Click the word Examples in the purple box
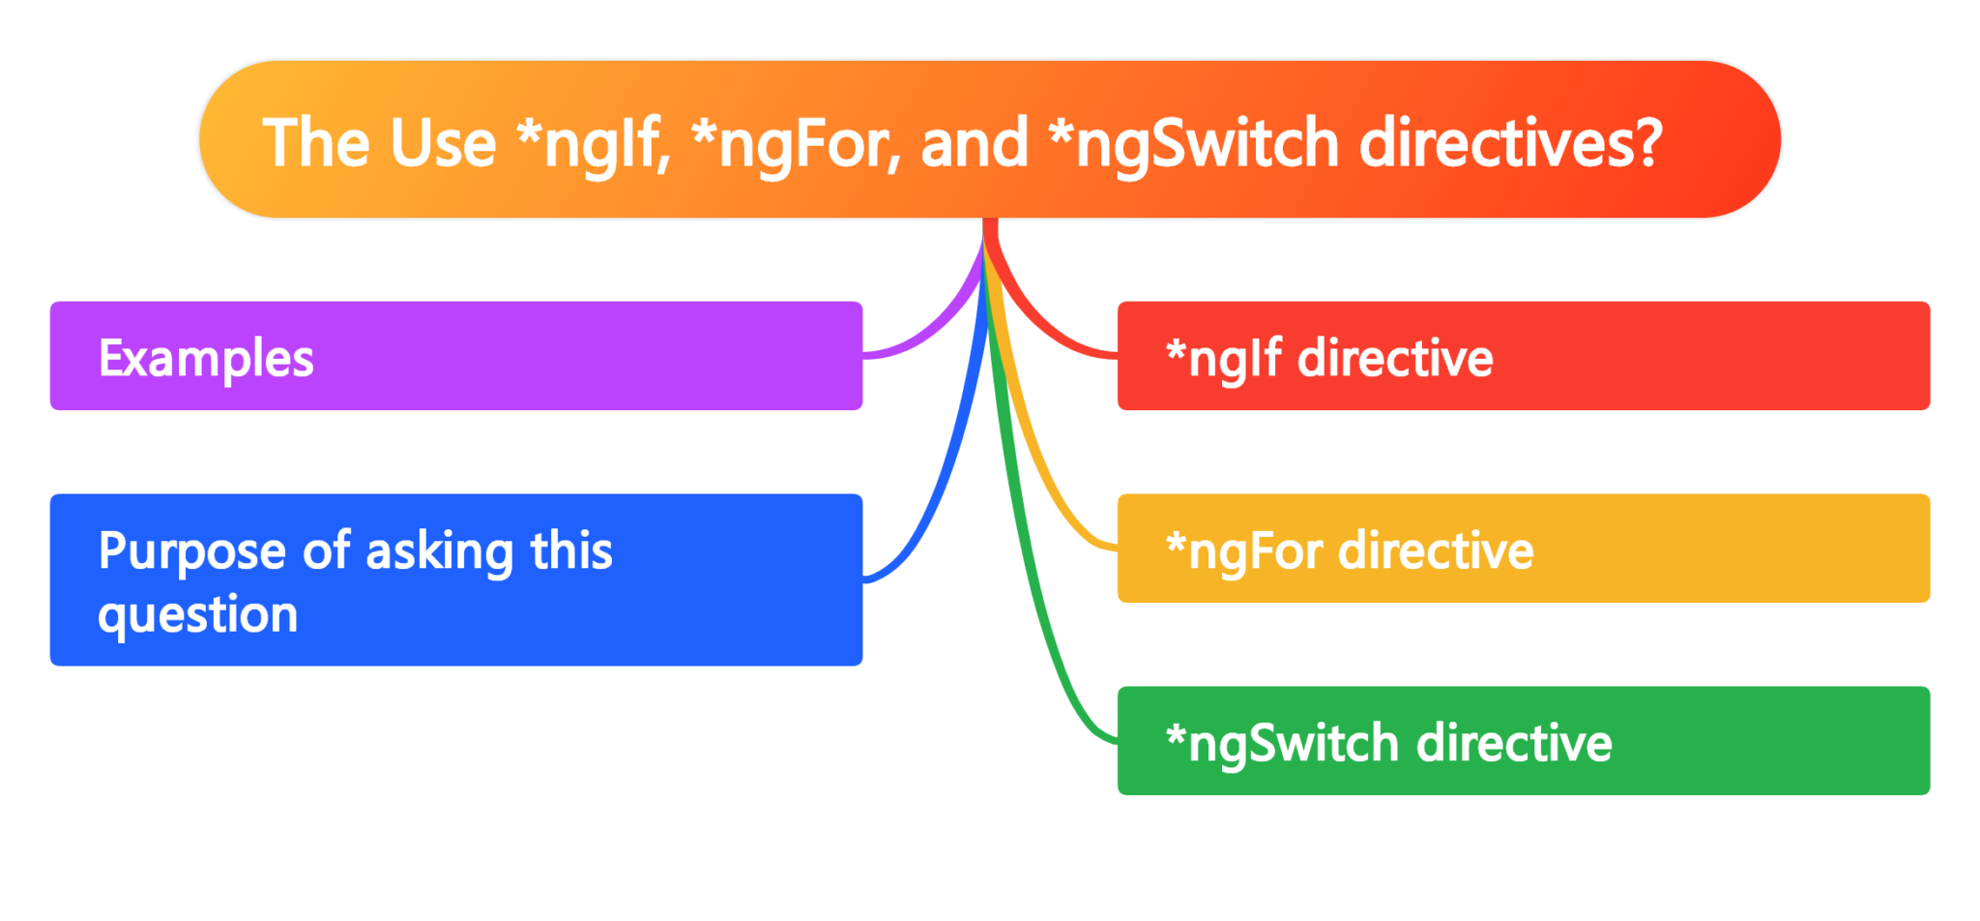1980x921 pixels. tap(206, 359)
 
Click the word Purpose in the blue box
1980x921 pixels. tap(191, 551)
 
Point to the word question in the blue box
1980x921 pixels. tap(198, 615)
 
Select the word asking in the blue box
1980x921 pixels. tap(440, 551)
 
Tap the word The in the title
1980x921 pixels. tap(315, 143)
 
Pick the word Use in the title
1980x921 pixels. tap(443, 143)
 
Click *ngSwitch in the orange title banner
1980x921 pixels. tap(1193, 143)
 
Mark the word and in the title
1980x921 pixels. tap(974, 143)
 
